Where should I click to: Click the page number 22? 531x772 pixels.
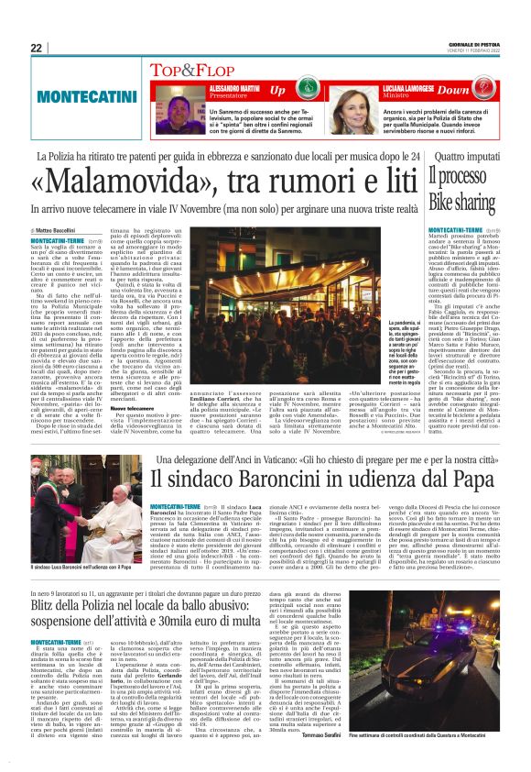[x=36, y=48]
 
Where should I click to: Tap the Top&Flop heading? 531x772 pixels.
[x=193, y=70]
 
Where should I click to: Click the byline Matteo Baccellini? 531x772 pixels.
[x=58, y=230]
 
